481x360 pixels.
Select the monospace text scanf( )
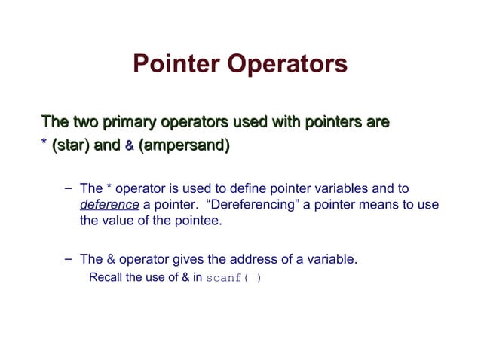(234, 277)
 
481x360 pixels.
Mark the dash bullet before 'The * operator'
(69, 187)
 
